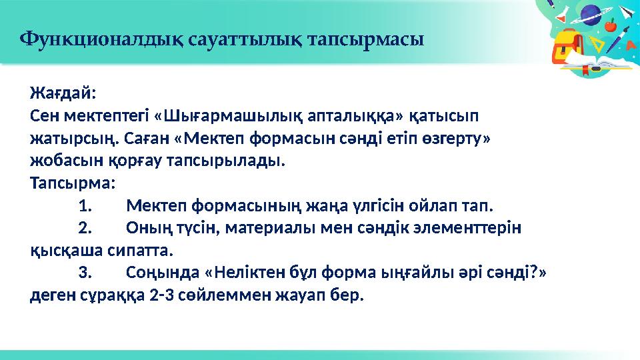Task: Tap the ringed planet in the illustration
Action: (x=590, y=15)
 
